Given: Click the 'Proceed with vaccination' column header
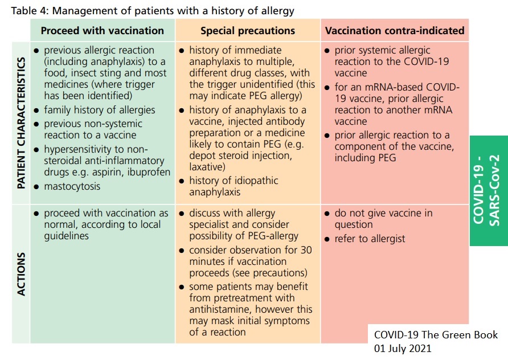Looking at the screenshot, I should click(103, 31).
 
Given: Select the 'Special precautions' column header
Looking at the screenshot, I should click(248, 31).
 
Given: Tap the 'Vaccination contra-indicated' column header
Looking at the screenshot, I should click(395, 31).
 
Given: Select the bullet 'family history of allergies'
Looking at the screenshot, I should click(100, 110).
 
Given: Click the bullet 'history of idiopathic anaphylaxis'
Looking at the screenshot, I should click(234, 186).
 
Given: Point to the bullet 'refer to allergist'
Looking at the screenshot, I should click(369, 239).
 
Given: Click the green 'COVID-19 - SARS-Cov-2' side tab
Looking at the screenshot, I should click(489, 190).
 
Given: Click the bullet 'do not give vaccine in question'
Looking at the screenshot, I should click(383, 219).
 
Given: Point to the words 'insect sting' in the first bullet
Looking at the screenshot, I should click(95, 73).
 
